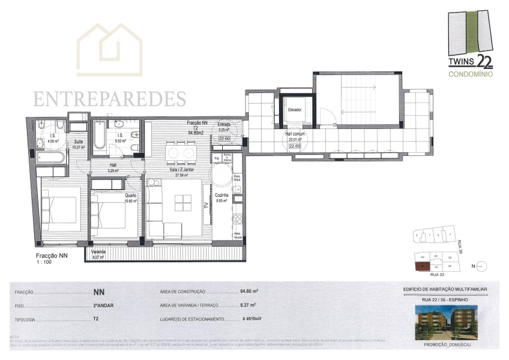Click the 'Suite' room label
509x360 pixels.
pos(78,142)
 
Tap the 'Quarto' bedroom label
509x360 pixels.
pos(130,196)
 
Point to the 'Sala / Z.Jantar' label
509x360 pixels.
pos(179,170)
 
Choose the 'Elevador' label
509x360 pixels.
pos(294,110)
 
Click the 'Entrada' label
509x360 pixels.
pos(224,125)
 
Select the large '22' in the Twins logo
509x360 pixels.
pos(484,61)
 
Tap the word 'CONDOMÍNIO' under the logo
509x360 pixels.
pos(471,74)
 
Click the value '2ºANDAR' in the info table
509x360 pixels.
pos(104,304)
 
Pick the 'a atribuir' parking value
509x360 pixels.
pos(252,319)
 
